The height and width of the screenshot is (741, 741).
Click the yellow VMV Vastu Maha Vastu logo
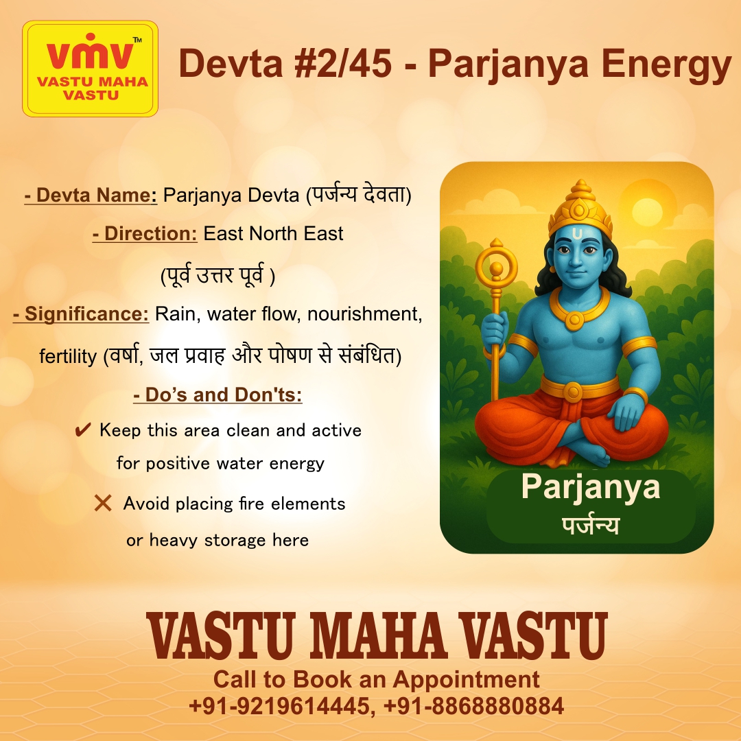pyautogui.click(x=90, y=69)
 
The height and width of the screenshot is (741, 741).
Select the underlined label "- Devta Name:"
pyautogui.click(x=91, y=196)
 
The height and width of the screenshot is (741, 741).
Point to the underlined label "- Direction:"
pyautogui.click(x=145, y=233)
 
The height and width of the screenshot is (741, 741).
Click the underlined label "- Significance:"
pyautogui.click(x=81, y=314)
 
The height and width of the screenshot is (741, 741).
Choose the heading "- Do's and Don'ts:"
pyautogui.click(x=217, y=395)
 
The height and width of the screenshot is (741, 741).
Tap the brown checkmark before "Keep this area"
pyautogui.click(x=83, y=431)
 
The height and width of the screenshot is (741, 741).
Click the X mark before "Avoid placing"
pyautogui.click(x=103, y=504)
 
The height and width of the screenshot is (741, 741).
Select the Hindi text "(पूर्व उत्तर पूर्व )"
pyautogui.click(x=217, y=275)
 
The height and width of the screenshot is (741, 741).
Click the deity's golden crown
pyautogui.click(x=580, y=206)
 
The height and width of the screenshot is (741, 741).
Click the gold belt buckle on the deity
pyautogui.click(x=572, y=391)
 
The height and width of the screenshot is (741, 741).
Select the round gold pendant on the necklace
pyautogui.click(x=575, y=319)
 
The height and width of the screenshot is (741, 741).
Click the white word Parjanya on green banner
pyautogui.click(x=590, y=486)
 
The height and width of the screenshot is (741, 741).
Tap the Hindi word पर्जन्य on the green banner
pyautogui.click(x=590, y=526)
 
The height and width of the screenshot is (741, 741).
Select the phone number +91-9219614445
pyautogui.click(x=279, y=705)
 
